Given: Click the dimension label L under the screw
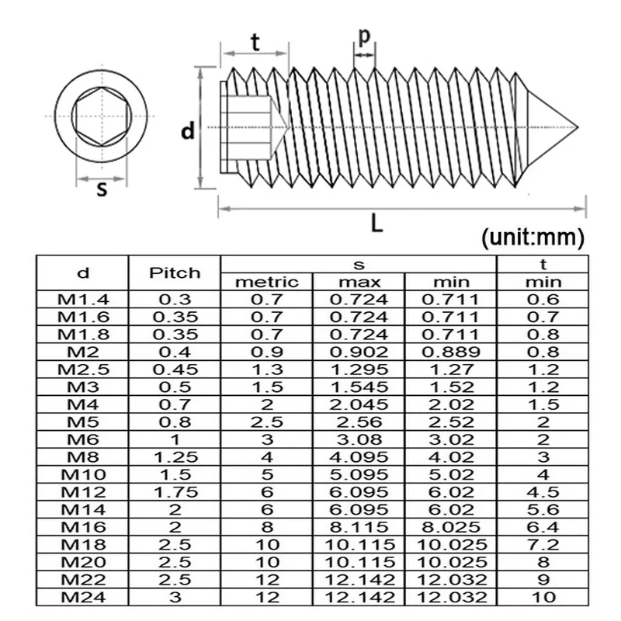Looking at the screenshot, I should [x=376, y=224].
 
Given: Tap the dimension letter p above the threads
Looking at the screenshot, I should [x=364, y=36].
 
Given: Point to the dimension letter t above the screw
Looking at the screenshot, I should [x=255, y=43].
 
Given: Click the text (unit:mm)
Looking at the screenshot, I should [x=532, y=237].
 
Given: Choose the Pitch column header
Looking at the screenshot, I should [x=175, y=272].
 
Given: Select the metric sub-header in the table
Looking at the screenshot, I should [x=266, y=282].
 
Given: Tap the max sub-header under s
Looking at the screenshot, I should [x=359, y=282].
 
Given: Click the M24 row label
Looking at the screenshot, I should [x=83, y=596].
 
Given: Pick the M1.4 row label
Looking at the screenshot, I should [x=83, y=300].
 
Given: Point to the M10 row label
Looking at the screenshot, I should [x=83, y=474].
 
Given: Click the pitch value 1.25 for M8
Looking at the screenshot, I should [x=175, y=456].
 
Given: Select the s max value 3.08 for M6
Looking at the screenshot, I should [x=359, y=439].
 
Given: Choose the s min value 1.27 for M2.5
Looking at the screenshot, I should [x=450, y=369].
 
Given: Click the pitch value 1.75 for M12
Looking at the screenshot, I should [x=175, y=491].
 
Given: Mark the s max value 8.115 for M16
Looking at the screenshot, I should [x=359, y=526].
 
